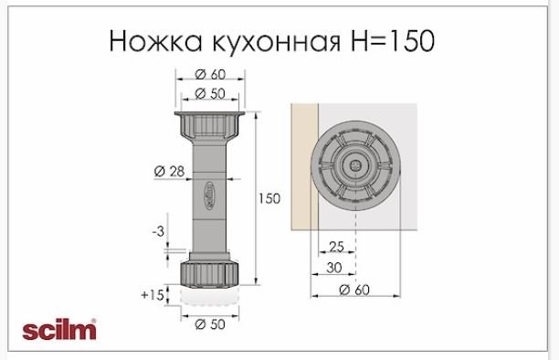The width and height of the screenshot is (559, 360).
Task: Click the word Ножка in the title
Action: click(156, 41)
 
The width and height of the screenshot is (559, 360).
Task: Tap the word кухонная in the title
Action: click(276, 42)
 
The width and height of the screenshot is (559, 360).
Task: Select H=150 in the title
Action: click(392, 41)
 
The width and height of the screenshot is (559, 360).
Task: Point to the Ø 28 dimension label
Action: click(169, 171)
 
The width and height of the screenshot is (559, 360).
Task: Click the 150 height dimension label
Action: click(269, 198)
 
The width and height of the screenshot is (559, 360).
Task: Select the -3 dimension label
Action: click(158, 231)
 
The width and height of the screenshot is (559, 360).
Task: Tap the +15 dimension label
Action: click(153, 295)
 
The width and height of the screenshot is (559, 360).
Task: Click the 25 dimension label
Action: click(336, 247)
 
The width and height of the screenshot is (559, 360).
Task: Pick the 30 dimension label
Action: click(334, 267)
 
